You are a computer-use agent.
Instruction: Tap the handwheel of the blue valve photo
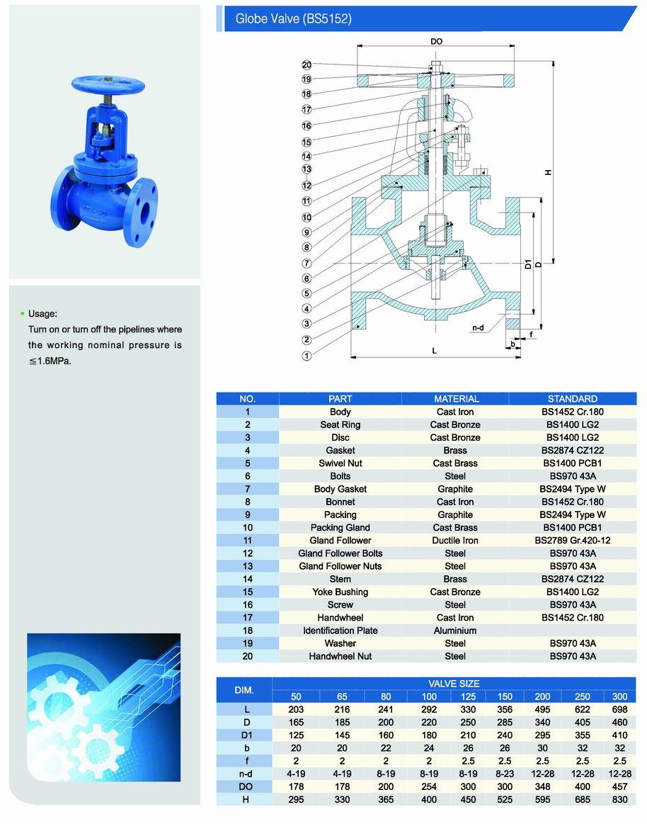(108, 85)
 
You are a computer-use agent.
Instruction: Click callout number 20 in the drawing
(307, 64)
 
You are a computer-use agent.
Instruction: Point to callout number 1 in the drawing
(307, 356)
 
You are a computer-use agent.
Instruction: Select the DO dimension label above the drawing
(436, 42)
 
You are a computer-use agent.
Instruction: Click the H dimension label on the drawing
(548, 174)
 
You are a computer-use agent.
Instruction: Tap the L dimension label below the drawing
(435, 351)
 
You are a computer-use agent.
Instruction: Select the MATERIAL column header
(456, 399)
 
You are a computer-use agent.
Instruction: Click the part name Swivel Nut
(340, 463)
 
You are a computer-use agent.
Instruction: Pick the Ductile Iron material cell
(455, 541)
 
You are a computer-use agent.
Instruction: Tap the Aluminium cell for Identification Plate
(455, 631)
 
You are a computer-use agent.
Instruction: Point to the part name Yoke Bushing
(340, 592)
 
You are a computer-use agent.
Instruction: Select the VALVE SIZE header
(454, 684)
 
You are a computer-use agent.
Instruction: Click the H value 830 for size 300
(620, 800)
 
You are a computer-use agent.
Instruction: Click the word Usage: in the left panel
(42, 313)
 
